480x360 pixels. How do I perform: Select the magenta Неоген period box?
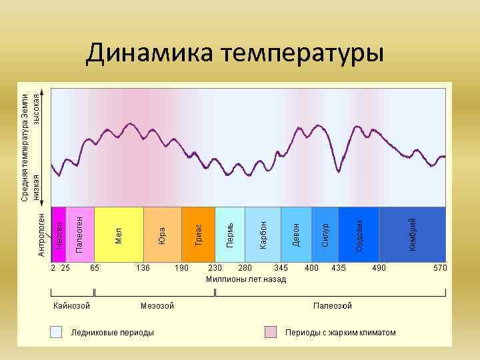(59, 233)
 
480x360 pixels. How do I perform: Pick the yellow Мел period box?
(119, 233)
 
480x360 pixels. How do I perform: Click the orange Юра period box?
(163, 233)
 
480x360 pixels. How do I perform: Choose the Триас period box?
(199, 233)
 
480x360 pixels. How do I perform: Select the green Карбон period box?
(263, 233)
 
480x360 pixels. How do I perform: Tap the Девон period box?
(295, 233)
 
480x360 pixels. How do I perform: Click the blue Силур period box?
(325, 233)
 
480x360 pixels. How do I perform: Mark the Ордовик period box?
(359, 233)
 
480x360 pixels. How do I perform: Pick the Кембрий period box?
(412, 233)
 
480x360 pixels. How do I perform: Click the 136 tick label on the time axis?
(143, 267)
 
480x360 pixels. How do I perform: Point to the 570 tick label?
(439, 267)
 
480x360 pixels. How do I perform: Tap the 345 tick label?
(281, 267)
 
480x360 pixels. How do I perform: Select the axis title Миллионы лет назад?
(246, 279)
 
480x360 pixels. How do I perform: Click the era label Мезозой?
(157, 306)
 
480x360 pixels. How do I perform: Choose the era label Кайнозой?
(72, 306)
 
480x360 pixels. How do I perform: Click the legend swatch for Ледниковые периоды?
(59, 332)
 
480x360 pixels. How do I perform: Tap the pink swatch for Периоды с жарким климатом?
(271, 332)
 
